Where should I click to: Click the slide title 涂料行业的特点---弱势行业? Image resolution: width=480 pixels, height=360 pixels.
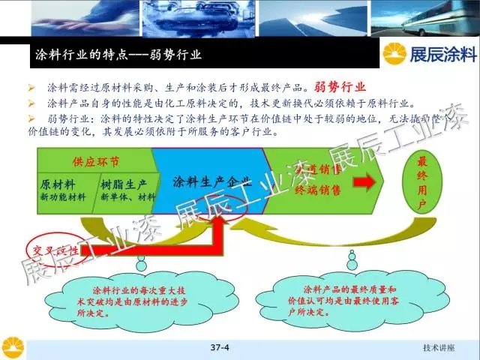120,55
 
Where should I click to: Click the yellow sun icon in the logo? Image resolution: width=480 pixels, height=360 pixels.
396,55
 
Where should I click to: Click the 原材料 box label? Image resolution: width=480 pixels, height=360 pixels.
57,184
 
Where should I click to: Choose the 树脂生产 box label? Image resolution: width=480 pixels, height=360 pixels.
122,184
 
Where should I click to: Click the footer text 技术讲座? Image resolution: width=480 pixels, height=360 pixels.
439,349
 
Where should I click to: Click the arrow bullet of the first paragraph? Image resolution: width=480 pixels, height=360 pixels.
31,87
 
